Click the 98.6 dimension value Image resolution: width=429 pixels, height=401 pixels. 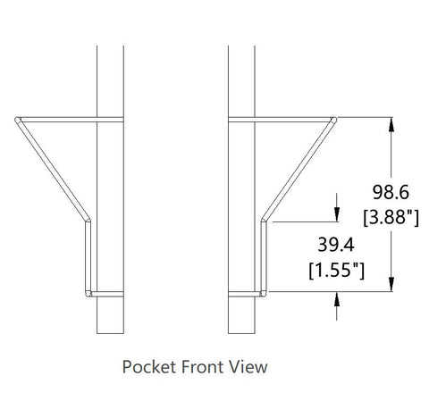(391, 192)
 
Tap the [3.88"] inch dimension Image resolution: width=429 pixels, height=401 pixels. (391, 217)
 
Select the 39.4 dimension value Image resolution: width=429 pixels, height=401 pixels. (336, 245)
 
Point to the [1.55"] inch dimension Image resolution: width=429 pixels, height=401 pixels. (336, 270)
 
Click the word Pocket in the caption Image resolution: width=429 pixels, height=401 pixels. (148, 366)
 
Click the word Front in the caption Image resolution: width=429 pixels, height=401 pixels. (202, 366)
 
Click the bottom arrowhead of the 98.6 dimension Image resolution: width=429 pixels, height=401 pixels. (391, 284)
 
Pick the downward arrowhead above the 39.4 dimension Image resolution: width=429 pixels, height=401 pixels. (337, 214)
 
